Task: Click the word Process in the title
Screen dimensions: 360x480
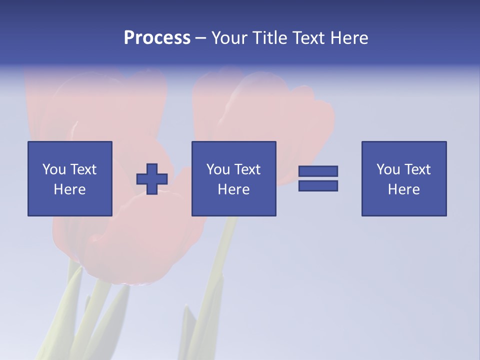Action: click(x=157, y=38)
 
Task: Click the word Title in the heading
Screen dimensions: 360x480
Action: click(x=269, y=38)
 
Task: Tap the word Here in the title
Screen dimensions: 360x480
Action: click(x=350, y=38)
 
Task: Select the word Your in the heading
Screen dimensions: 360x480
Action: click(x=230, y=38)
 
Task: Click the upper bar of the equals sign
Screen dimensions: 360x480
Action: click(x=318, y=171)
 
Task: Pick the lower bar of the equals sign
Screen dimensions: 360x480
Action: click(x=318, y=185)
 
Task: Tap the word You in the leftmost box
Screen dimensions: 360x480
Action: click(x=54, y=169)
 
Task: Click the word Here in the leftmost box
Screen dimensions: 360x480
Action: click(x=70, y=189)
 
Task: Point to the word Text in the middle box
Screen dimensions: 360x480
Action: click(x=247, y=169)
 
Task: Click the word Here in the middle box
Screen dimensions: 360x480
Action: click(x=234, y=189)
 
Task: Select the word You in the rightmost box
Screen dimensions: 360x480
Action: click(x=388, y=169)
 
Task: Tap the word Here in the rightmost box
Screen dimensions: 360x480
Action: click(x=404, y=189)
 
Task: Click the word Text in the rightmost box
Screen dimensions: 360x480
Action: click(x=417, y=169)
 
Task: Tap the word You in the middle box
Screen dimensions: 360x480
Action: click(x=218, y=169)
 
